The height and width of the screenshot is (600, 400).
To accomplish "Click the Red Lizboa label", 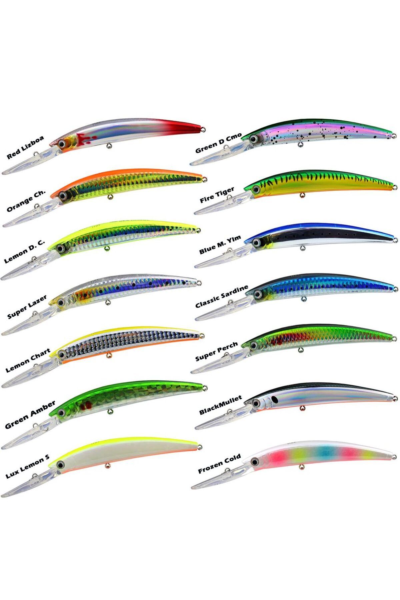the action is click(x=25, y=147).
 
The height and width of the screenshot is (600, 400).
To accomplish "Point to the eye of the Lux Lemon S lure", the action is click(x=60, y=465).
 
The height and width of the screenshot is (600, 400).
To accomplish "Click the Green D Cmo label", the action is click(x=218, y=142).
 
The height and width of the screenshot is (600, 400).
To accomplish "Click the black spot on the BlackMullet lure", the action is click(x=274, y=399).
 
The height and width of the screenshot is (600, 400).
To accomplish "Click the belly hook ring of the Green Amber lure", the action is click(x=108, y=411).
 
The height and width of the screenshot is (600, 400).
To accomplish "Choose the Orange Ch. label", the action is click(x=26, y=200).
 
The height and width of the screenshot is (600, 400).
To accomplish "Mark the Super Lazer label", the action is click(x=27, y=307).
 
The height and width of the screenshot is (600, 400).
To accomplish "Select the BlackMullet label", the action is click(x=220, y=405).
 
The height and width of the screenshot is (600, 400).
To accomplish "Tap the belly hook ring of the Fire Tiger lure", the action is click(x=303, y=195).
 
